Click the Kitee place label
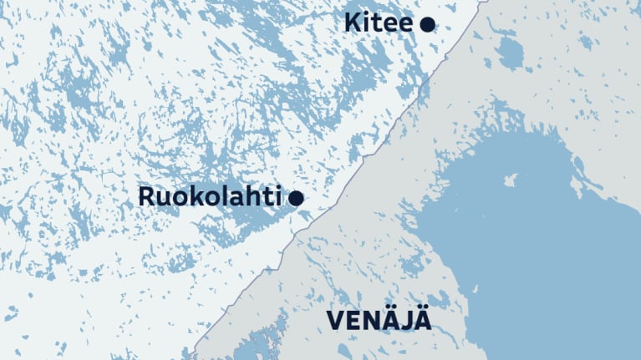pos(378,23)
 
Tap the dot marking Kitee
pos(427,24)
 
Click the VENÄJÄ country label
pos(379,320)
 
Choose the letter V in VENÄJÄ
pos(334,321)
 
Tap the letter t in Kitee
pos(375,23)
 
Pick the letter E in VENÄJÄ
pos(352,321)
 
